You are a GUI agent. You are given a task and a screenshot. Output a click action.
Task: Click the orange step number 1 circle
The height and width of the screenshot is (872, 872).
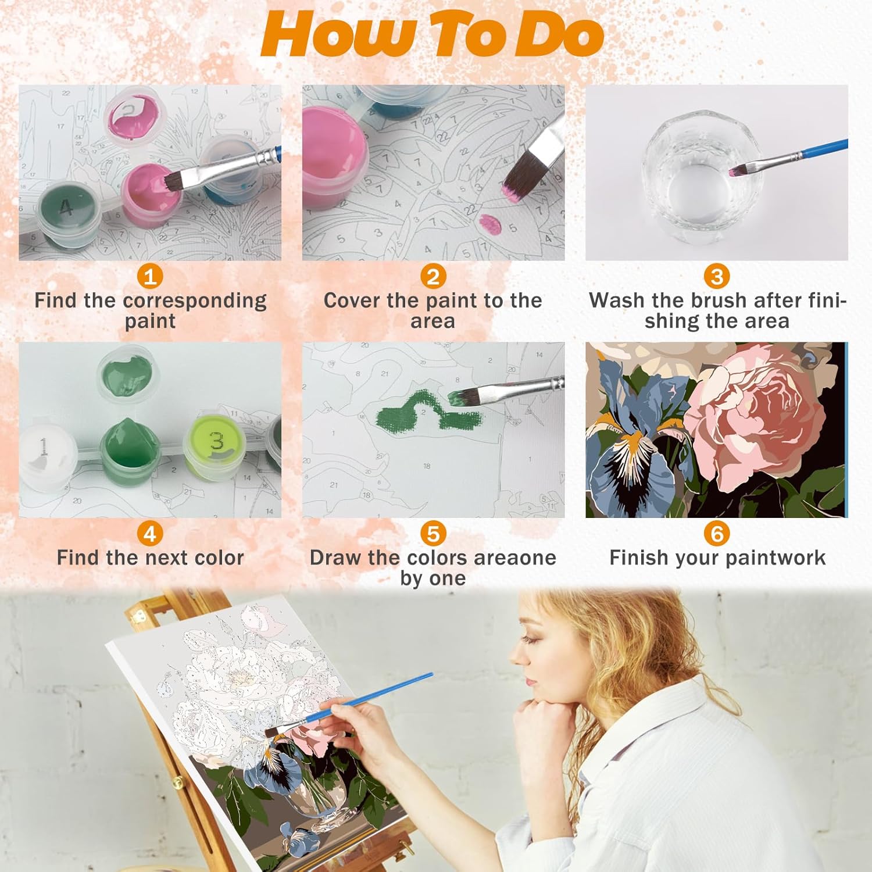point(150,276)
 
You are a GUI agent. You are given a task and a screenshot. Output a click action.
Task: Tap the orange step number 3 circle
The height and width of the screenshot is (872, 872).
point(717,276)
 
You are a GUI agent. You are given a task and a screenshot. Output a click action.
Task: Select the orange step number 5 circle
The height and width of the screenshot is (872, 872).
point(433,533)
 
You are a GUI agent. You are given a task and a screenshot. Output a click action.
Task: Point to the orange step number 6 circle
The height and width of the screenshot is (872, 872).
point(717,533)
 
